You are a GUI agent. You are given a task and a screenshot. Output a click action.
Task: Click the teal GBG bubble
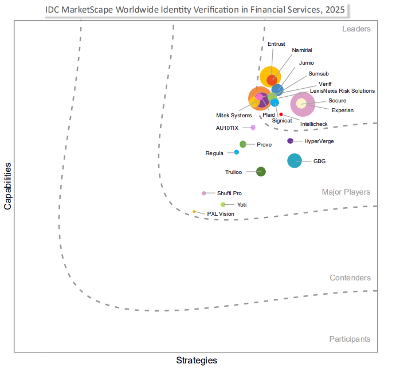click(294, 161)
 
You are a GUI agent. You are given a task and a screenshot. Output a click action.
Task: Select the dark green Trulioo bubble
click(261, 171)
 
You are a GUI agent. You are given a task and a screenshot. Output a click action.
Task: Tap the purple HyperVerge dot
click(290, 141)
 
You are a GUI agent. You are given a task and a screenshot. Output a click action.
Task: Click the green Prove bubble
click(243, 144)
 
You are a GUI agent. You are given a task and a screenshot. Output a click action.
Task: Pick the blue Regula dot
click(237, 152)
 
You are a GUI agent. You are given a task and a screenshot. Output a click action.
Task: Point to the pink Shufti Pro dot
click(204, 193)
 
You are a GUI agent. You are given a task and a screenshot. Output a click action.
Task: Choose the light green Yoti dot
click(223, 204)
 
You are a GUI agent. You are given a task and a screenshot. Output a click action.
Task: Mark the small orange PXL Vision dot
click(194, 212)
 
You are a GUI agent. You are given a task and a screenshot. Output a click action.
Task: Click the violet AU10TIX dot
click(253, 128)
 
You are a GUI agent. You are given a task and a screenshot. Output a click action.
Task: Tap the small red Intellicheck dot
click(281, 114)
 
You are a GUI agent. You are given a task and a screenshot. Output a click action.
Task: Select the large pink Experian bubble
click(302, 104)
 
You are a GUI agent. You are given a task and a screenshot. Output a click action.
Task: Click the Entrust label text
click(276, 43)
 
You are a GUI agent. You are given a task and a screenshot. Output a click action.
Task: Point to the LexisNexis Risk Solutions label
click(342, 90)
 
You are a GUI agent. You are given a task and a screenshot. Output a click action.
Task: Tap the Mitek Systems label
click(234, 116)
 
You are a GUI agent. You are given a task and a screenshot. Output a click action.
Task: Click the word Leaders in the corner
click(356, 29)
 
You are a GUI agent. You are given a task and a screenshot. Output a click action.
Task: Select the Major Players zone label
click(346, 192)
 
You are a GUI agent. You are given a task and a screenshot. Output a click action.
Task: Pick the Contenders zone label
click(350, 278)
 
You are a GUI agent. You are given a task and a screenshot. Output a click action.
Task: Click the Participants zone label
click(350, 339)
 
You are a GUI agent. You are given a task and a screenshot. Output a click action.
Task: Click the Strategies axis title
click(196, 361)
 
